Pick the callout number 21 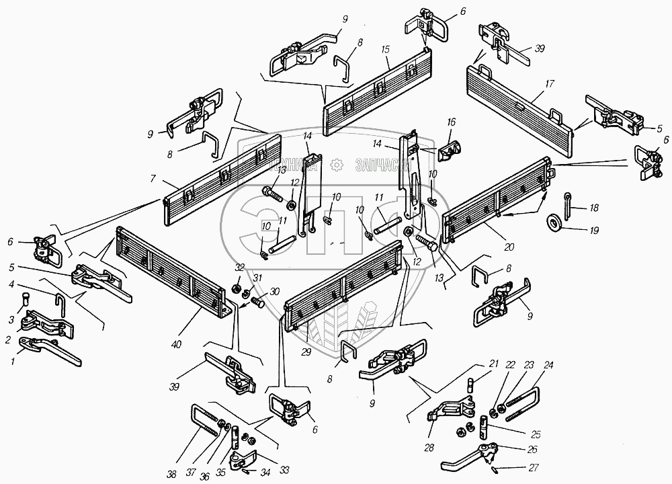coord(493,364)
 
